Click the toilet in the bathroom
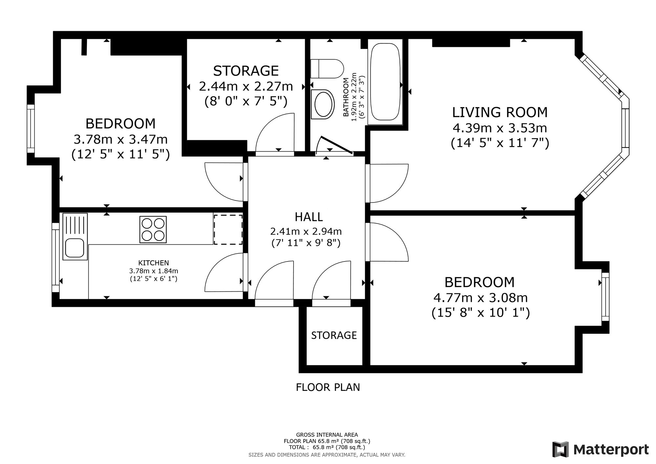[x=327, y=69]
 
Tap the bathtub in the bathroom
[x=385, y=82]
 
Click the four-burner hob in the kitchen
[x=153, y=229]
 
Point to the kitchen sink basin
[x=75, y=248]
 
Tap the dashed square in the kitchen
[x=228, y=229]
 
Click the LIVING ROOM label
[x=500, y=112]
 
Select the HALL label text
[x=309, y=217]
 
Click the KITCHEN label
[x=154, y=263]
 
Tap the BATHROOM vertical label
[x=345, y=97]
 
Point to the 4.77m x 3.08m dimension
[x=481, y=298]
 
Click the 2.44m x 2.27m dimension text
[x=246, y=86]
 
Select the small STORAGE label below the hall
[x=334, y=335]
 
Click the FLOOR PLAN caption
[x=328, y=387]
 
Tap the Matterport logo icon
[x=561, y=449]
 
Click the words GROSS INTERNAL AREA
[x=327, y=435]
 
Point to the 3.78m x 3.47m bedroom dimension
[x=121, y=139]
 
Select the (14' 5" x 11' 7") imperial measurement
[x=500, y=143]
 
